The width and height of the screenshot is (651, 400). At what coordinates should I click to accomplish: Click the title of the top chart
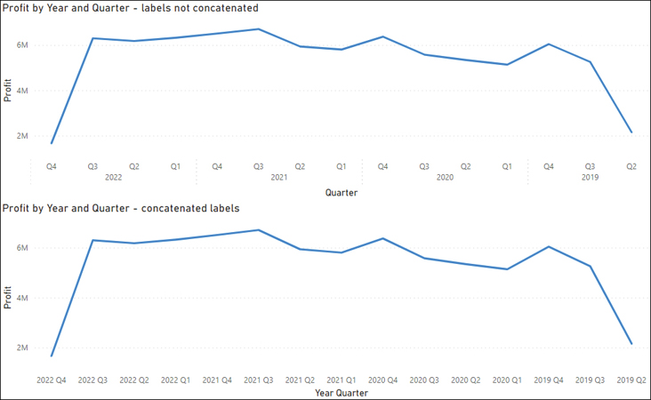(x=130, y=8)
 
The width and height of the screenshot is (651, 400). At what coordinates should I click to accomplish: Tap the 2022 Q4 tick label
(x=52, y=380)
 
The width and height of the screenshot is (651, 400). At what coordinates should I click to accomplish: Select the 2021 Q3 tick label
(x=258, y=380)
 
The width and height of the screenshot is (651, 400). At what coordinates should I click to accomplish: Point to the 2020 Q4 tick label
(x=382, y=380)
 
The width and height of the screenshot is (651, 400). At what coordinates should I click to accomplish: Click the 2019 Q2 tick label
(x=631, y=380)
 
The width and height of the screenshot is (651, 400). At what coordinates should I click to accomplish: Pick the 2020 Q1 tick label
(x=507, y=380)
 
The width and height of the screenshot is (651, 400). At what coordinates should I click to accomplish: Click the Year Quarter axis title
(x=342, y=392)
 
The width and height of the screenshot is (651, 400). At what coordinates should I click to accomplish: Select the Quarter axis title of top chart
(x=342, y=192)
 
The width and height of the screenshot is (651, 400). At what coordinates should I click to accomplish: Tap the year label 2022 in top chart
(x=113, y=178)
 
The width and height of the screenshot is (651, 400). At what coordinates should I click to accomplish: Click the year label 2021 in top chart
(x=278, y=178)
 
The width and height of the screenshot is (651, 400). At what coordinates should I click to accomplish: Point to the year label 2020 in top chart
(x=445, y=178)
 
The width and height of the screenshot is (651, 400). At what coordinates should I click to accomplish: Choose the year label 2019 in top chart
(x=590, y=178)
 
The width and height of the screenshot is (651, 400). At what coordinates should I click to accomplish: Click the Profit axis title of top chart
(x=8, y=92)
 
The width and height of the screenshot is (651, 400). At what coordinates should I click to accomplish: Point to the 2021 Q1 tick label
(x=341, y=380)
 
